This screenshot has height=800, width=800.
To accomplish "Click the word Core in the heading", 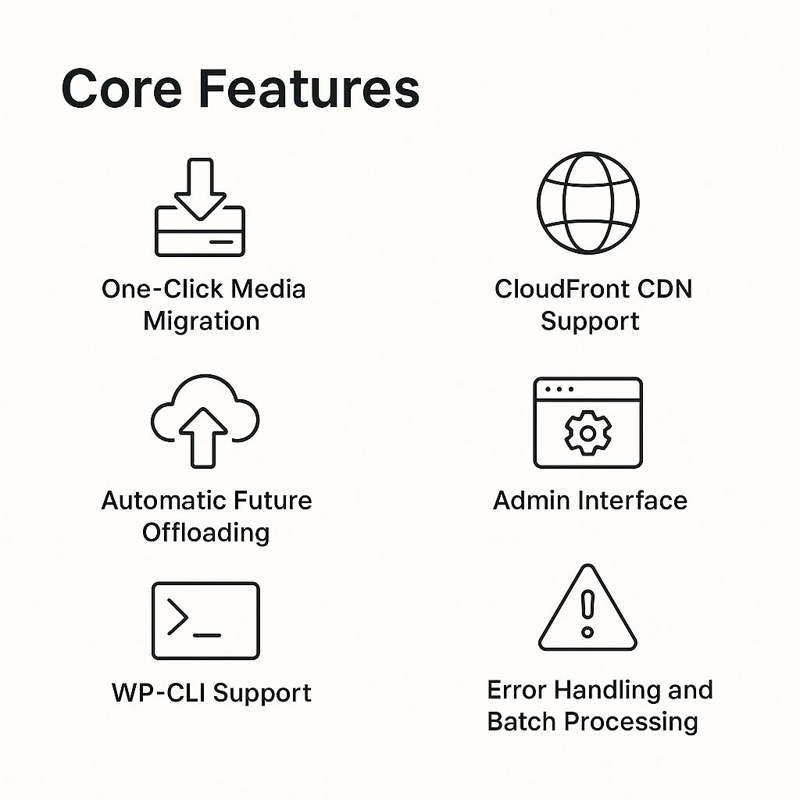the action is tap(121, 88).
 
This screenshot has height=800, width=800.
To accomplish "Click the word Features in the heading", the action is tap(309, 88).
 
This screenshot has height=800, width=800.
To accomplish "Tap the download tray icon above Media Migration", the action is tap(200, 207).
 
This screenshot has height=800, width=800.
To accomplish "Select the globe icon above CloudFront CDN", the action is tap(587, 202).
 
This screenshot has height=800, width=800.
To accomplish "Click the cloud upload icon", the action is tap(205, 421).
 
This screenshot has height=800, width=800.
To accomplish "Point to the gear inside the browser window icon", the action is tap(587, 433).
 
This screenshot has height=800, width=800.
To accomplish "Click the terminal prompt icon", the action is tap(205, 620).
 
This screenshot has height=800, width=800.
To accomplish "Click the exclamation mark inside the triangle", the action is tap(587, 614).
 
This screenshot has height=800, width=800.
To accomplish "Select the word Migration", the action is tap(202, 322).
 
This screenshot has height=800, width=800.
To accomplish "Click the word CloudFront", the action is tap(557, 289).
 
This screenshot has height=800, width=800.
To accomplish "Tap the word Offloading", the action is tap(206, 533).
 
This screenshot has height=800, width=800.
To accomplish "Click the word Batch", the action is tap(523, 722).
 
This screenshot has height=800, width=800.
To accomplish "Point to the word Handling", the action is tap(608, 691).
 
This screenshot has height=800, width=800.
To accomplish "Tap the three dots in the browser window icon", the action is tap(559, 389).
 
